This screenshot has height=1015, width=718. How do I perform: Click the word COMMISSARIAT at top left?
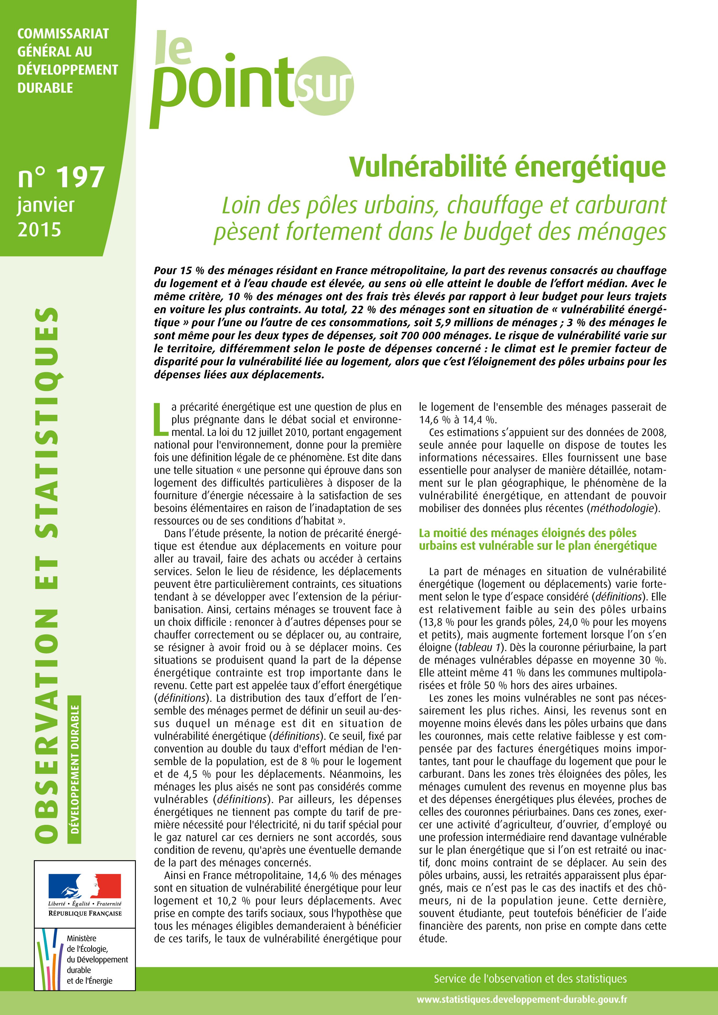[x=63, y=34]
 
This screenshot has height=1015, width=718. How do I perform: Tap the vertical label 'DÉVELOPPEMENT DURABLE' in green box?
[x=75, y=769]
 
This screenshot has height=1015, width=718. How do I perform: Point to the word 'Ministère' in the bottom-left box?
[x=81, y=938]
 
